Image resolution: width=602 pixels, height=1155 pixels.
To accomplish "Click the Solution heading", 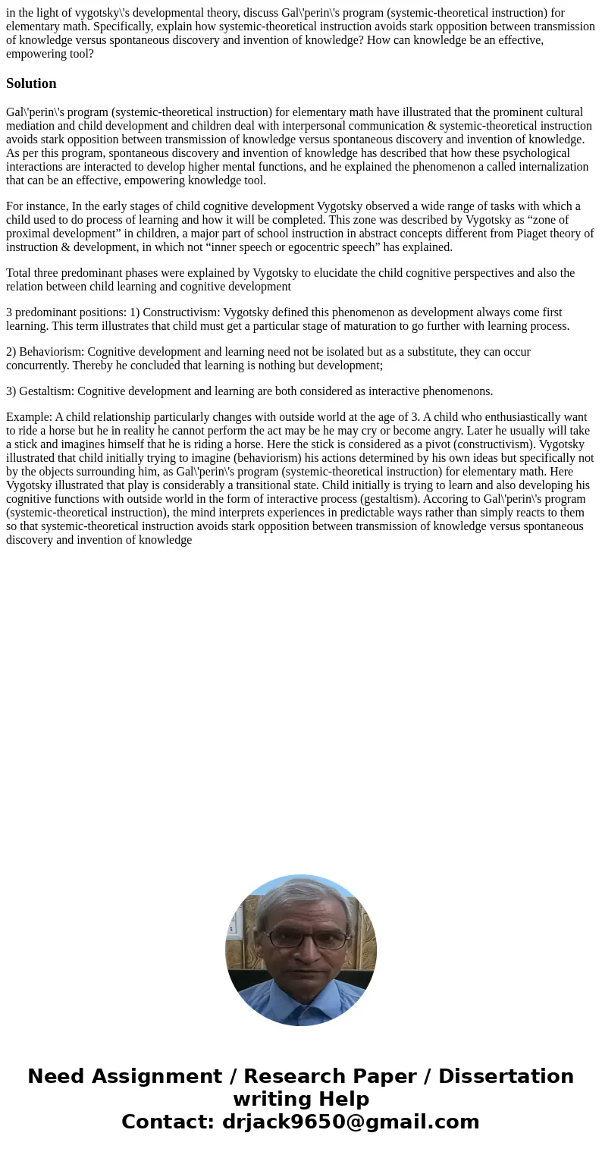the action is [x=31, y=83].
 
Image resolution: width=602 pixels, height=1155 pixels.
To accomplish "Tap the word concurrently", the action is [x=36, y=366].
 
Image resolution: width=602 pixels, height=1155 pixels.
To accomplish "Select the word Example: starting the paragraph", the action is [x=29, y=417].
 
